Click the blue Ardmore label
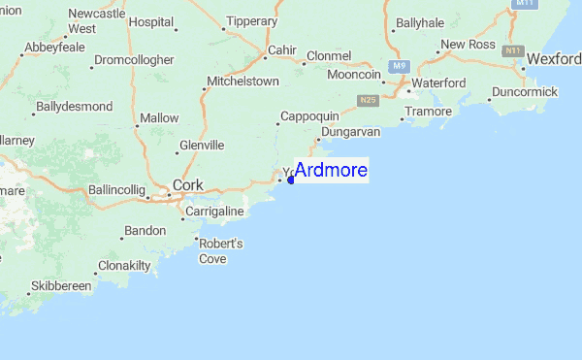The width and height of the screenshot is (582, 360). tap(331, 171)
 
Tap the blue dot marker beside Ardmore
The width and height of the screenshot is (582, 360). tap(291, 180)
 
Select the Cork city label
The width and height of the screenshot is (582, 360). tap(187, 185)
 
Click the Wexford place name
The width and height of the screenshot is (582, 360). tap(553, 60)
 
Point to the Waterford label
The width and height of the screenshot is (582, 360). tap(438, 83)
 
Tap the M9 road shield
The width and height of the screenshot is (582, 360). tap(399, 66)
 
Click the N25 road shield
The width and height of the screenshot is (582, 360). tap(366, 100)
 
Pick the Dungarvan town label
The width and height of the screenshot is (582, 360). tap(354, 129)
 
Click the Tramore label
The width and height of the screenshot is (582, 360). tap(428, 112)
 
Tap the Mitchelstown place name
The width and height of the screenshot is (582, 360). tap(242, 82)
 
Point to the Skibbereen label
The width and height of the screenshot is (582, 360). tap(60, 287)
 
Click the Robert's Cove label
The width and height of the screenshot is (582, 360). tap(213, 251)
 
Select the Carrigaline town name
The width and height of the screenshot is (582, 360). tap(214, 211)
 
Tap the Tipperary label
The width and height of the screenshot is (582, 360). tap(251, 20)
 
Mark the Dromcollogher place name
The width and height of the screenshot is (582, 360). tap(134, 60)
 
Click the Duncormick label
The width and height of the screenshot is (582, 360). tap(525, 91)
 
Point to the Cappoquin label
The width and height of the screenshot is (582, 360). tap(309, 116)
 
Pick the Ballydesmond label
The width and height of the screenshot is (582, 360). tap(74, 106)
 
